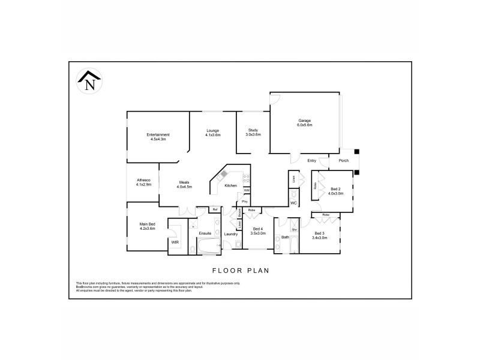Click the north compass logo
[x=89, y=81]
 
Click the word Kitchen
[x=231, y=186]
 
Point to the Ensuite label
[x=205, y=233]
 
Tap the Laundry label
[x=231, y=233]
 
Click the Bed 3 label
[x=319, y=235]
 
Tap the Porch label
[x=344, y=161]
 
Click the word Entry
[x=311, y=161]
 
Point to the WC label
[x=293, y=203]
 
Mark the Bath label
[x=285, y=238]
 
